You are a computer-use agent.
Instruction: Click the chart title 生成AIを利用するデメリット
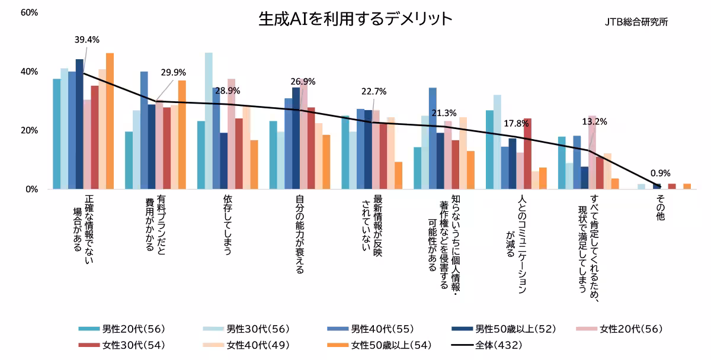pos(355,19)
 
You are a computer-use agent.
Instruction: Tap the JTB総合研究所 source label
pos(636,22)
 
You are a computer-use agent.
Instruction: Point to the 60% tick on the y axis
pos(29,12)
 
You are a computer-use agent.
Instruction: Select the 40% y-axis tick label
pos(29,72)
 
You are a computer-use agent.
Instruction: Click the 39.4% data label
pos(87,40)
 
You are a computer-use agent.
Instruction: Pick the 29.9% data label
pos(173,73)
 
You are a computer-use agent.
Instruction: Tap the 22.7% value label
pos(374,91)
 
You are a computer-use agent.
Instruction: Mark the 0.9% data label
pos(660,173)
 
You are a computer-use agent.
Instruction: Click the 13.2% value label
pos(595,122)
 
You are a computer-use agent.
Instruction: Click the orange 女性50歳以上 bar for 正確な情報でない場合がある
pos(110,121)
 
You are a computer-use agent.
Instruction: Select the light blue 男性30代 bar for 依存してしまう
pos(209,121)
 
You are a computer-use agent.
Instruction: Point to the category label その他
pos(660,209)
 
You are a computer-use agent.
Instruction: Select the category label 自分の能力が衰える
pos(299,235)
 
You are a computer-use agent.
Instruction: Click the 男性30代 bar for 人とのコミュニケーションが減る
pos(498,142)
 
